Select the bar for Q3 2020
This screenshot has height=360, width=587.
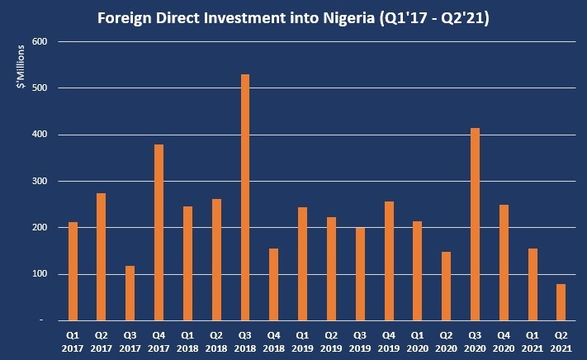point(475,224)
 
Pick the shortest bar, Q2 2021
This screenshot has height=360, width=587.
point(561,302)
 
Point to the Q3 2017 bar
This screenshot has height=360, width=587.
point(130,293)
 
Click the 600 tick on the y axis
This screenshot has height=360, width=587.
point(40,41)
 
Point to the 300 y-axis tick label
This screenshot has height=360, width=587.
point(40,181)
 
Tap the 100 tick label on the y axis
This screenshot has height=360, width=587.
point(40,274)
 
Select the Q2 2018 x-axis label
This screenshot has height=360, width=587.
point(216,342)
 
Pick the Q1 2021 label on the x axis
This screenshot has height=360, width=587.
point(532,342)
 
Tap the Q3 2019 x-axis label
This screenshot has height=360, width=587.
point(360,342)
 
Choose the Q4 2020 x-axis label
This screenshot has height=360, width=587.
point(503,342)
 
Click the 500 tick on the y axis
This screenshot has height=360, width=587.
point(40,88)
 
